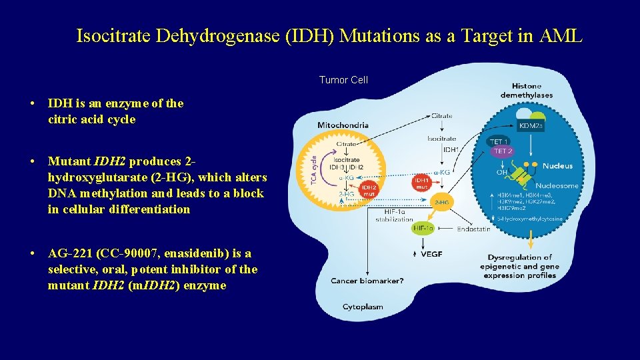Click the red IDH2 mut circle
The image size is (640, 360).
point(369,191)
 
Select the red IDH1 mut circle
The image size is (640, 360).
point(421,182)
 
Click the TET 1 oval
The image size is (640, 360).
point(498,142)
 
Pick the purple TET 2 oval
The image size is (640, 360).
point(501,151)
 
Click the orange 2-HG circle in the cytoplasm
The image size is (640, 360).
point(441,201)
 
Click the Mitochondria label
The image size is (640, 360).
point(343,125)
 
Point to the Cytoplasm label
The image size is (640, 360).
point(363,307)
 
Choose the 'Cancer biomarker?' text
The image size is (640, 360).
point(367,281)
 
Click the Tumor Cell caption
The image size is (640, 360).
point(343,80)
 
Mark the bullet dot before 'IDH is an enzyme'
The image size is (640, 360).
point(32,104)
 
